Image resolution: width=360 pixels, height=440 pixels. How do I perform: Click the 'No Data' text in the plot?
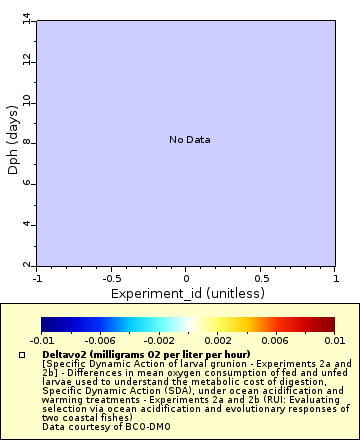[x=189, y=140]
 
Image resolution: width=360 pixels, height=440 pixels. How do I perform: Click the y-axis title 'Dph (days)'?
[x=13, y=143]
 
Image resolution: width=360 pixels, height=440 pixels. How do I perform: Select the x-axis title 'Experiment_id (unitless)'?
[x=186, y=293]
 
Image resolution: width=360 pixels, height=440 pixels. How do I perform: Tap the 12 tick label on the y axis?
[x=26, y=60]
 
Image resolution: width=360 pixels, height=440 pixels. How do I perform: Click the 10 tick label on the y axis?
[x=26, y=101]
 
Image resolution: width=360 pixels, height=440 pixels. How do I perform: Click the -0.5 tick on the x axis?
[x=111, y=278]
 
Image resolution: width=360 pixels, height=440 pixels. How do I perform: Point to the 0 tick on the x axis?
[x=186, y=278]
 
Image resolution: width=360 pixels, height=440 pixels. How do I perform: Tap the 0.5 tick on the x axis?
[x=260, y=278]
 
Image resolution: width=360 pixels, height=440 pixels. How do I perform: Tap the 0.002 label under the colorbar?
[x=217, y=341]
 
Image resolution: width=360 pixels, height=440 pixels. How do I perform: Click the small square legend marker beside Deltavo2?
[x=22, y=355]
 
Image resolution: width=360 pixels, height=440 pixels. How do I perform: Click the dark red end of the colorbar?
[x=328, y=324]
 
